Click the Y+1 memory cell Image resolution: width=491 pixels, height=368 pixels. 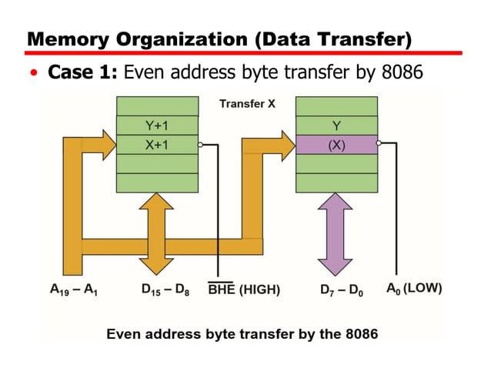tap(157, 125)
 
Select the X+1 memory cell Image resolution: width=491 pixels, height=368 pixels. tap(157, 144)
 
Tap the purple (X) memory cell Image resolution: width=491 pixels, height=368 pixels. tap(336, 144)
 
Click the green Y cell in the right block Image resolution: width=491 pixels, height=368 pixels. tap(336, 125)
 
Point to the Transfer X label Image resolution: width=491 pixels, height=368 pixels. tap(247, 104)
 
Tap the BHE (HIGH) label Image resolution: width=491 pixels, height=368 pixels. tap(244, 289)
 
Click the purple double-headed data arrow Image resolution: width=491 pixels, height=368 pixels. tap(337, 234)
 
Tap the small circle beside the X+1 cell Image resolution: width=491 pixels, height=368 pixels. tap(200, 144)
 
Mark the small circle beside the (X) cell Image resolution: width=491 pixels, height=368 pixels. tap(380, 144)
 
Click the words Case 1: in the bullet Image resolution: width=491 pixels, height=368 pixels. tap(82, 73)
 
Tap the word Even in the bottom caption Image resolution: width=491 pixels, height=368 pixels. tap(122, 334)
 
